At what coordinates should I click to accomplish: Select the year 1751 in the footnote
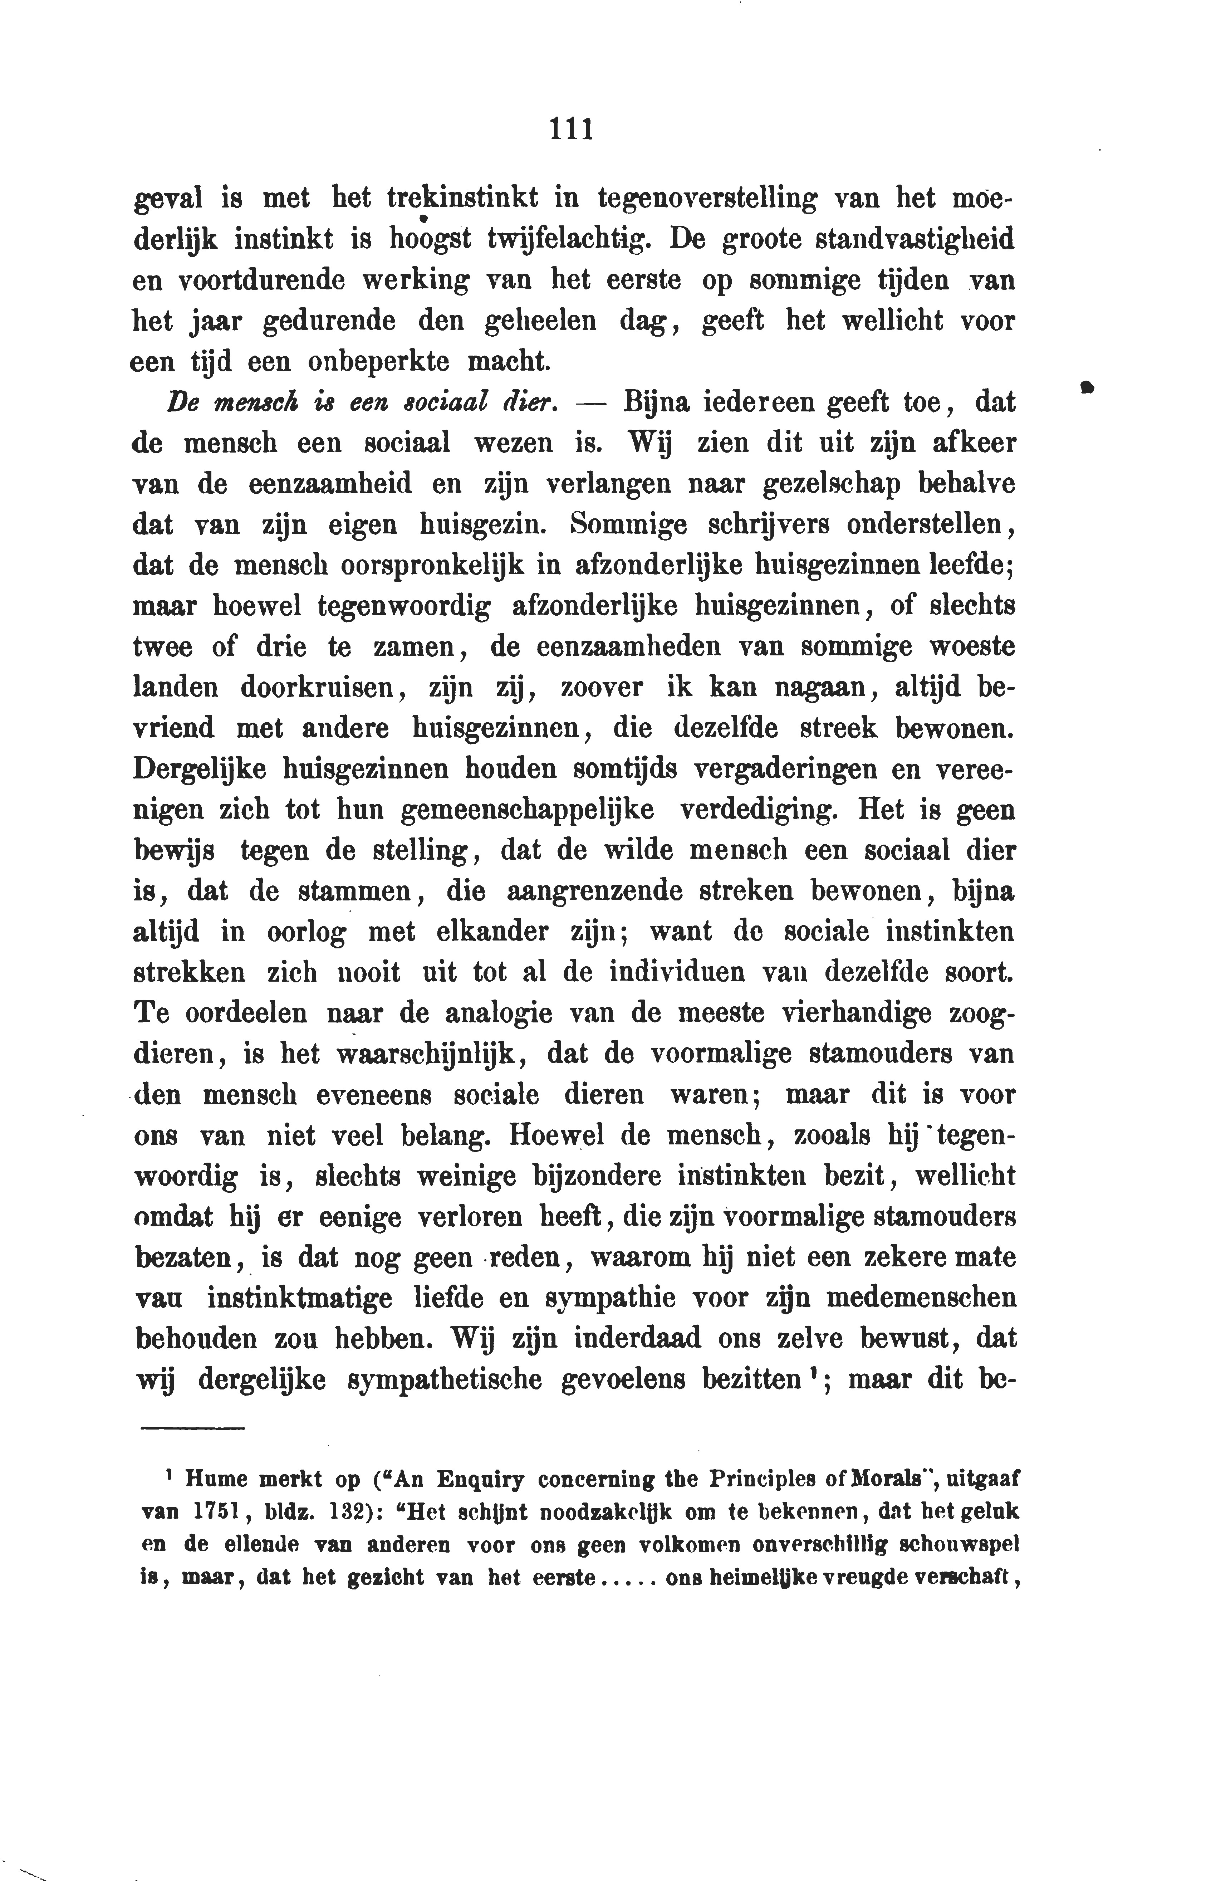211,1511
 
